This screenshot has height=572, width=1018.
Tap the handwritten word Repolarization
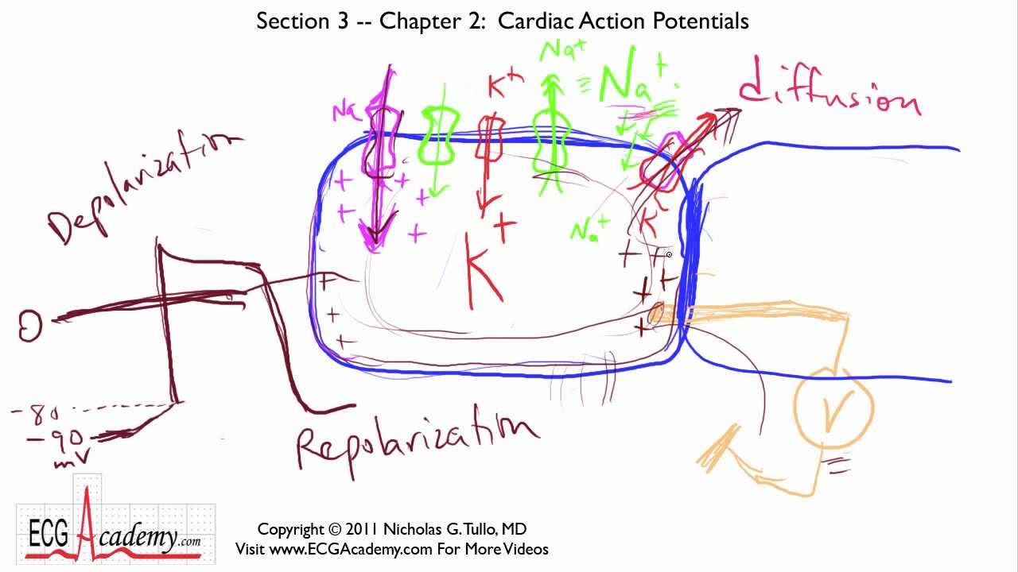click(418, 441)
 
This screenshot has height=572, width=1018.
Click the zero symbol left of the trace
click(30, 325)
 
